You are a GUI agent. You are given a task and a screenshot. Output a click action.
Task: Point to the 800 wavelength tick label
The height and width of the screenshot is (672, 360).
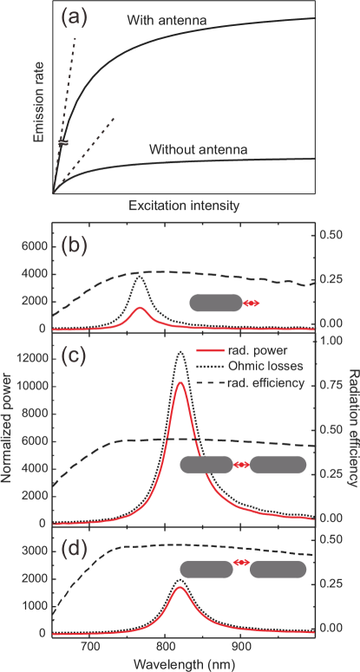165,645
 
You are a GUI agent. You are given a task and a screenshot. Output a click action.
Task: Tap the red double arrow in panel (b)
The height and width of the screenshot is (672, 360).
251,303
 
